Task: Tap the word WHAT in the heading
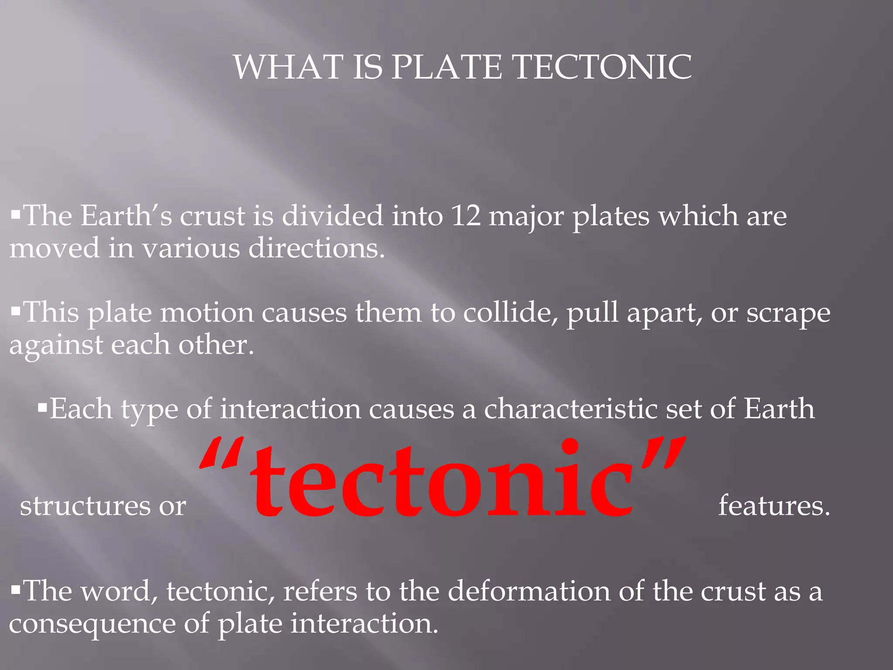(x=288, y=67)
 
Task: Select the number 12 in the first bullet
(x=466, y=216)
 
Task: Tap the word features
(x=774, y=506)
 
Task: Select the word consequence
(x=92, y=624)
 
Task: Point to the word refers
(x=320, y=591)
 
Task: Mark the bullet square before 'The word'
(x=16, y=590)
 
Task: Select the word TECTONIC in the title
(x=602, y=67)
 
